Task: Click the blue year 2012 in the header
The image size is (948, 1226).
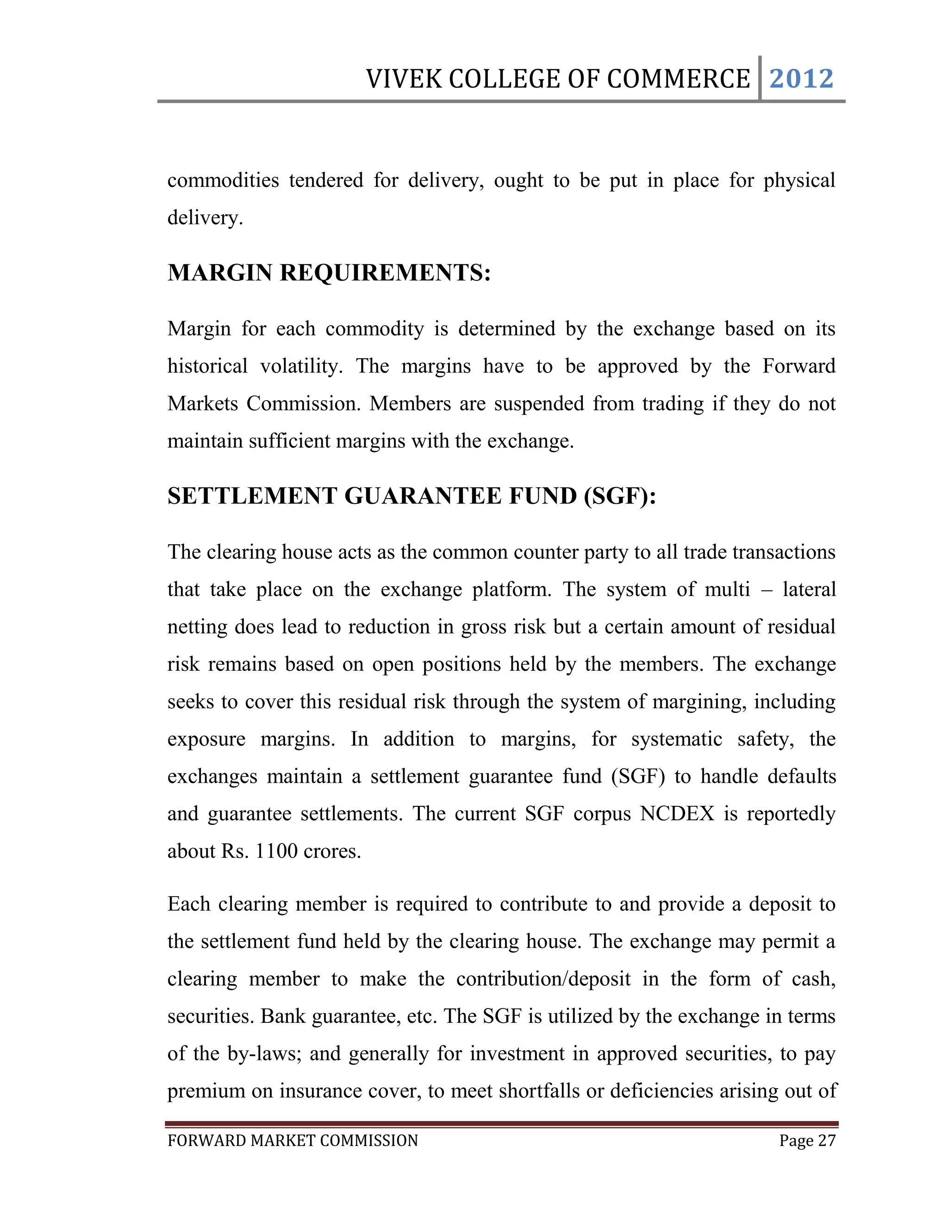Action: click(801, 79)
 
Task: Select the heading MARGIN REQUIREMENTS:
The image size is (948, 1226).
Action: click(329, 273)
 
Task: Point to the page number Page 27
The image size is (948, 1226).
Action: click(807, 1140)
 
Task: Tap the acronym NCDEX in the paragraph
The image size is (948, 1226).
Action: click(677, 814)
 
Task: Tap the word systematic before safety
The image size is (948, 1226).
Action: click(676, 739)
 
